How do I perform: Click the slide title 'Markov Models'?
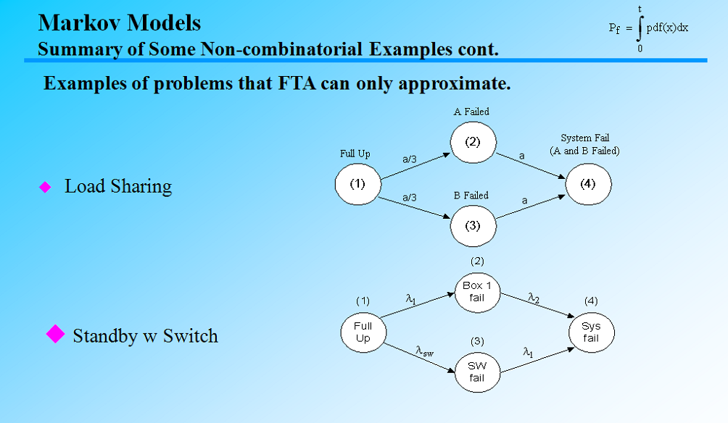120,22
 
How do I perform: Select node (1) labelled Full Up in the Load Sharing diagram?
357,184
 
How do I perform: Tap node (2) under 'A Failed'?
473,142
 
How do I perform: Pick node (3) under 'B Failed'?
473,225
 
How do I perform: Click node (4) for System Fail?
588,184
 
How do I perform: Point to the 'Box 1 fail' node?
476,292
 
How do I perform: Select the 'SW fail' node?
476,372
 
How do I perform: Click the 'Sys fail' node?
591,332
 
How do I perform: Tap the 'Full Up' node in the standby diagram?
363,332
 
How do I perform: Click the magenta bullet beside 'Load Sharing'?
45,187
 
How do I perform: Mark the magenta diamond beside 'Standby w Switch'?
56,334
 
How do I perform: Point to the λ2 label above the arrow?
533,297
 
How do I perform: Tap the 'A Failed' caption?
471,112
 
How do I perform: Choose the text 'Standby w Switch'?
145,336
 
